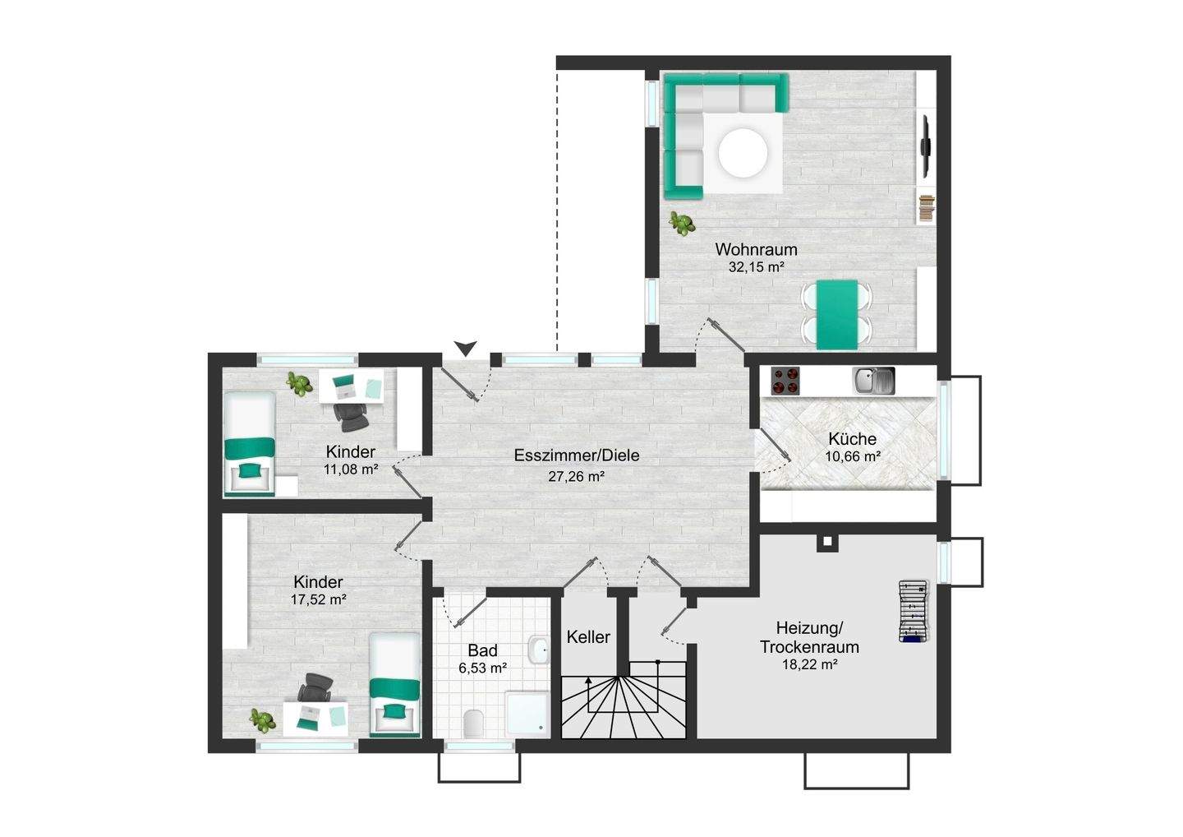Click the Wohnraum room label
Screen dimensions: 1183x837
pos(756,249)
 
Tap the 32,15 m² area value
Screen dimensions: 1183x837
pos(756,267)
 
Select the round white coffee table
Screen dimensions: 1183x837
pos(743,154)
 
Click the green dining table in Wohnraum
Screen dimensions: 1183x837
pos(837,315)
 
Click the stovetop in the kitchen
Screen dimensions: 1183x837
pos(785,381)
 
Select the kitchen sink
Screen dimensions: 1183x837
pos(873,381)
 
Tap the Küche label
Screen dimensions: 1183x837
pos(853,438)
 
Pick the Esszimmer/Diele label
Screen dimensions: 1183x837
pos(577,455)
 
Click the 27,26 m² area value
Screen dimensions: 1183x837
pos(576,477)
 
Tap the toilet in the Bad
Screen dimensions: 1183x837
pos(473,724)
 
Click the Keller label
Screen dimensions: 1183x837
pos(588,637)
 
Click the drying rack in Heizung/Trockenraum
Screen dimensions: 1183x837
pos(914,612)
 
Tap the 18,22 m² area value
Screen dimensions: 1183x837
pos(810,664)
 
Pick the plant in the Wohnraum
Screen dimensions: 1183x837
pos(682,224)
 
